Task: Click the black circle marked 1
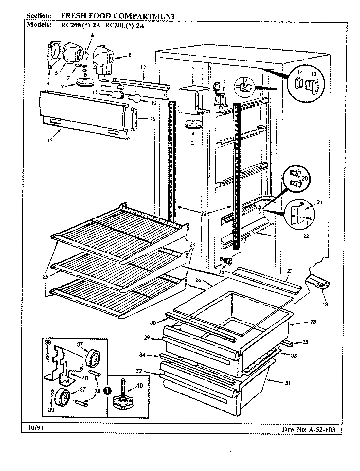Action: [x=107, y=390]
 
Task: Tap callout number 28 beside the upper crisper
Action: [x=313, y=322]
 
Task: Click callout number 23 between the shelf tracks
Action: [x=204, y=213]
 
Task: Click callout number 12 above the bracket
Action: [x=143, y=67]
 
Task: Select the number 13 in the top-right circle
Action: [x=314, y=72]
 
